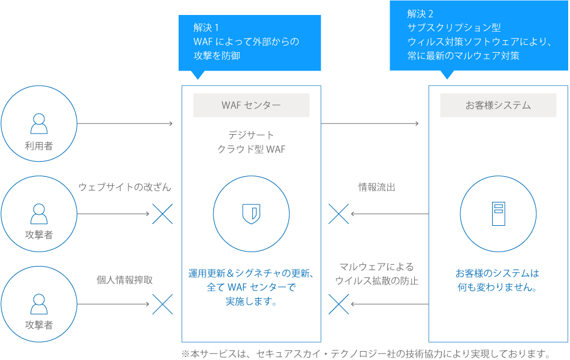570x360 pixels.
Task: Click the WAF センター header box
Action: (x=251, y=105)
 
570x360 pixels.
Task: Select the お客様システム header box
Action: (x=498, y=105)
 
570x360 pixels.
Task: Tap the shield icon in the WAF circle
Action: (x=251, y=214)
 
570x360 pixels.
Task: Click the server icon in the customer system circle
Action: (x=498, y=214)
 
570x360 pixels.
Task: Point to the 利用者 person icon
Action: (x=39, y=123)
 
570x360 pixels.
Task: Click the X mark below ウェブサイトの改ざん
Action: (x=162, y=214)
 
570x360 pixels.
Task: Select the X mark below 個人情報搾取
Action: (x=162, y=304)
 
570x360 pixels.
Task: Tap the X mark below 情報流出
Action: (x=339, y=214)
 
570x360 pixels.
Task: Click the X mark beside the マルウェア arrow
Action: (x=339, y=304)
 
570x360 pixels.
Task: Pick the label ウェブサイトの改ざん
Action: (x=125, y=187)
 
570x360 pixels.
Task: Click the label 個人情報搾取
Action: (x=125, y=280)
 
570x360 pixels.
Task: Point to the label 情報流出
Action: (x=377, y=187)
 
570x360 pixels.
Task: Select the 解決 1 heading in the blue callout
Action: (x=206, y=28)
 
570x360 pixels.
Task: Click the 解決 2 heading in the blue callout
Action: (x=420, y=14)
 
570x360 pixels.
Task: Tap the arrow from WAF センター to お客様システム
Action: (x=370, y=124)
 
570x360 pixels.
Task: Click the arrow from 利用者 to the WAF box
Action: (x=125, y=124)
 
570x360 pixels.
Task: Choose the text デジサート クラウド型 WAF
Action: (x=251, y=142)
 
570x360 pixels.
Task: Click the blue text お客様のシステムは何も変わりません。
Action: (x=497, y=280)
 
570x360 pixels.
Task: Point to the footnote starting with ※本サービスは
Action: (x=366, y=353)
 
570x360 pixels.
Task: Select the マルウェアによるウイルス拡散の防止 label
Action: (x=377, y=274)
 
